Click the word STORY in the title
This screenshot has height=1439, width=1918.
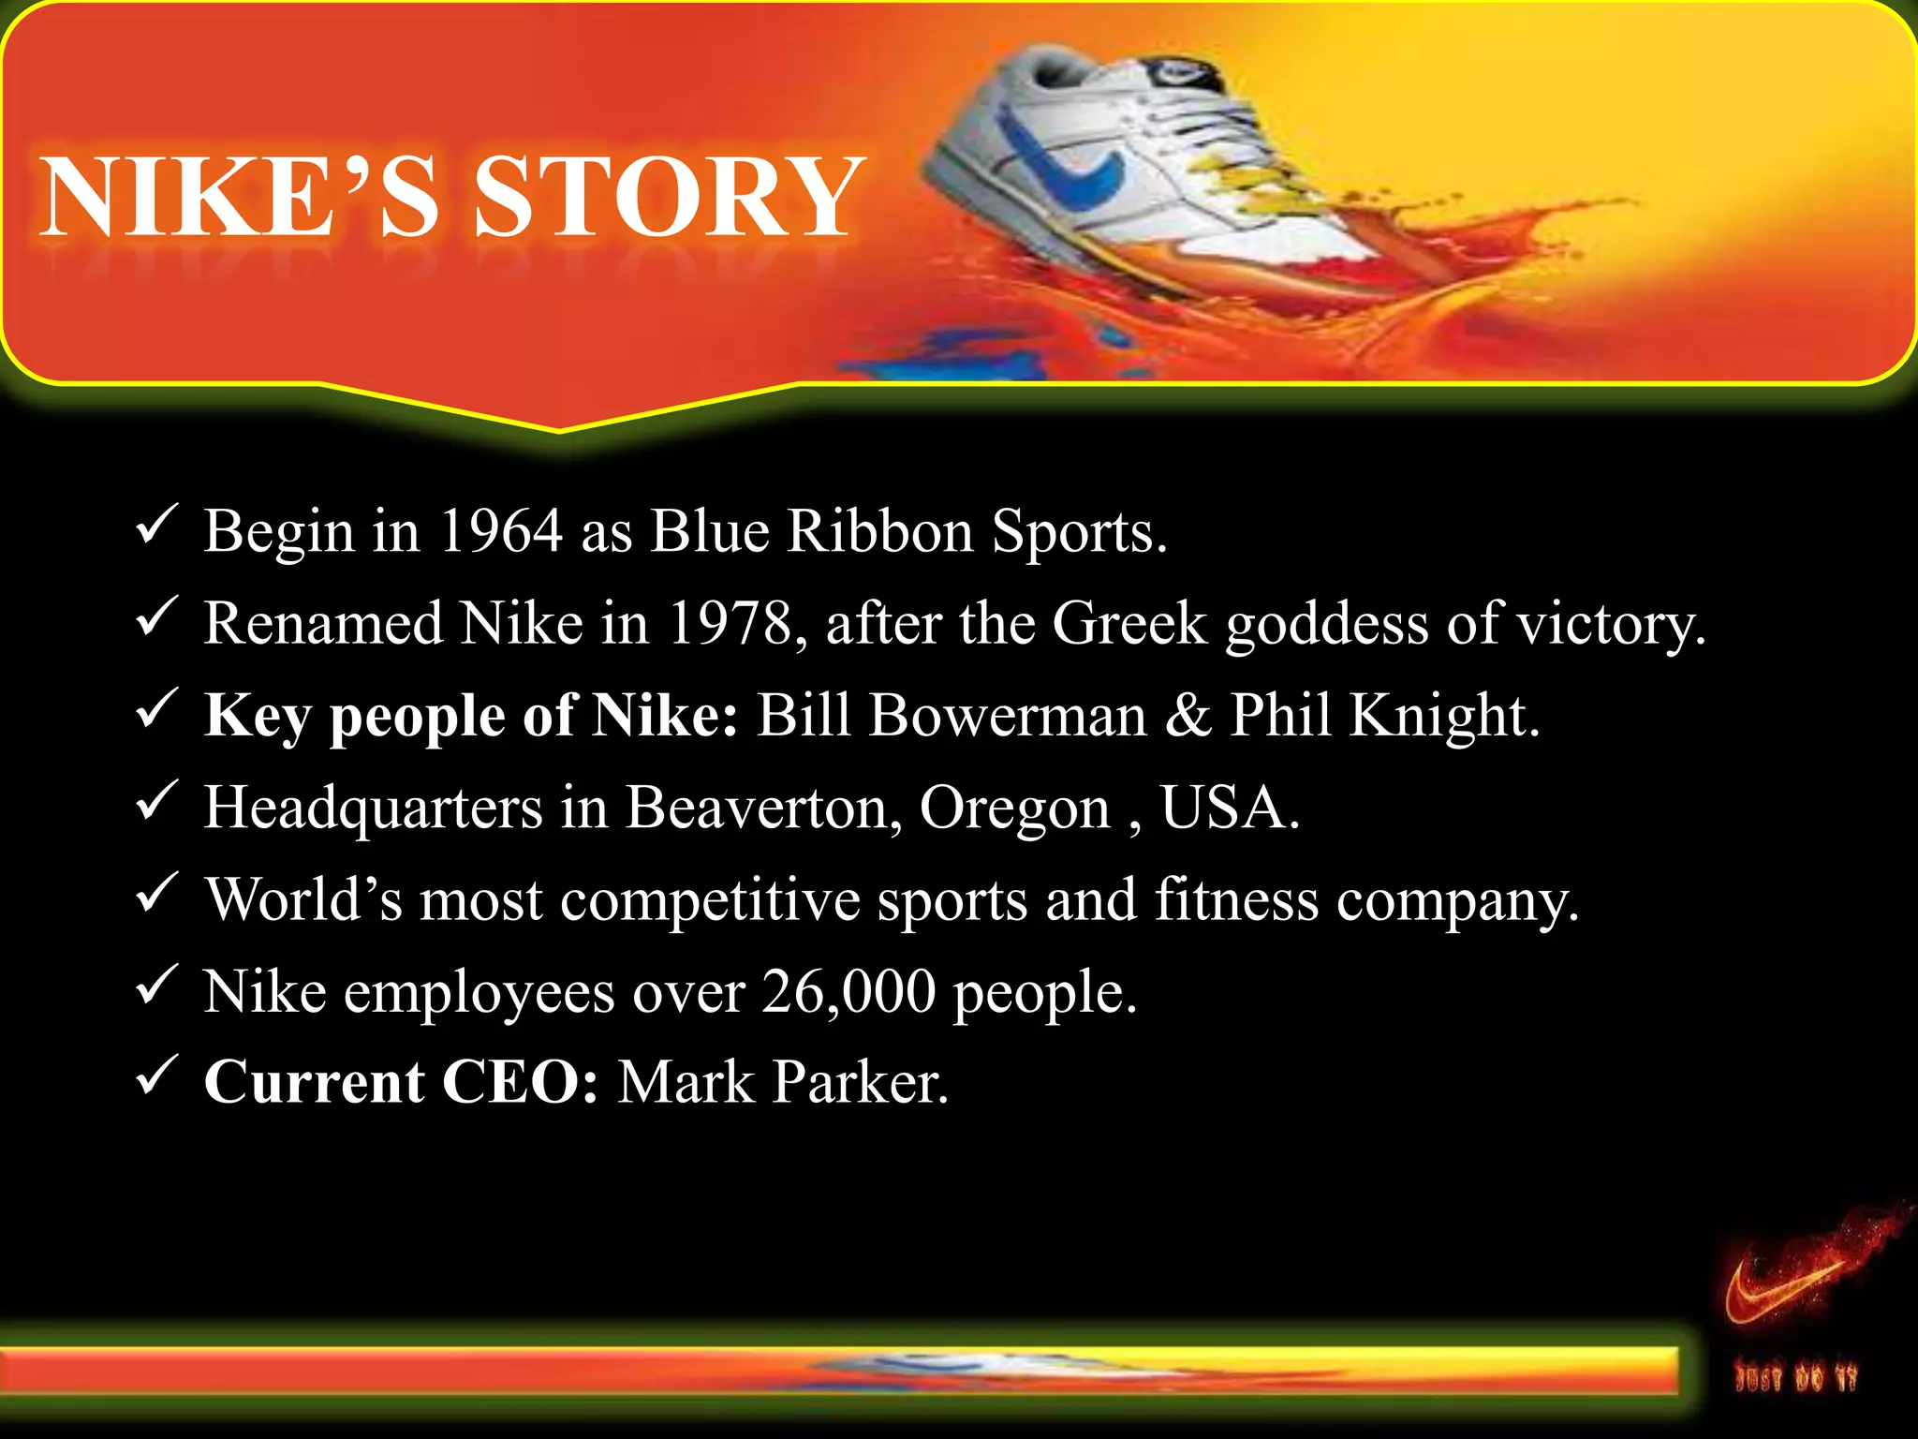tap(669, 198)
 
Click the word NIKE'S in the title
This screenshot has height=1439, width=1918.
tap(240, 198)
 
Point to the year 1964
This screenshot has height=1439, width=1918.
tap(500, 530)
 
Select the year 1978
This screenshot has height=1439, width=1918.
tap(731, 623)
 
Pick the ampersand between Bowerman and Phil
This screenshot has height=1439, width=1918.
tap(1188, 716)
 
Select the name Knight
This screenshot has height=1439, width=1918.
tap(1443, 716)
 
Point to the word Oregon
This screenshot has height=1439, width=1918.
tap(1014, 809)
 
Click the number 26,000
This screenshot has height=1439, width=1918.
tap(848, 991)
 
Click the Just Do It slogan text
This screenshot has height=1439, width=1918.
tap(1794, 1378)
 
